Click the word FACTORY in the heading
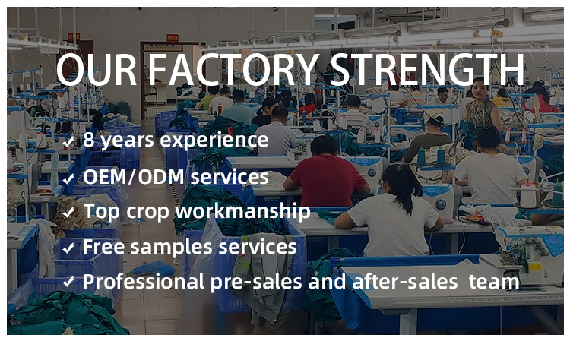pyautogui.click(x=235, y=70)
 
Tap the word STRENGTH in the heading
pyautogui.click(x=428, y=70)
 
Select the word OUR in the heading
pyautogui.click(x=97, y=70)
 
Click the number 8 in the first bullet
pyautogui.click(x=88, y=139)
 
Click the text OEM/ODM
pyautogui.click(x=134, y=177)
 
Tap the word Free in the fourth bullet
pyautogui.click(x=104, y=247)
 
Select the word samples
pyautogui.click(x=171, y=248)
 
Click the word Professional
pyautogui.click(x=144, y=282)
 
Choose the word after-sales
pyautogui.click(x=404, y=282)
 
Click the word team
pyautogui.click(x=494, y=283)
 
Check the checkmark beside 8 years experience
pyautogui.click(x=68, y=142)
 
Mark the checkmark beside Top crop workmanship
pyautogui.click(x=68, y=213)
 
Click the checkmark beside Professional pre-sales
pyautogui.click(x=68, y=282)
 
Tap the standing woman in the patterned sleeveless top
pyautogui.click(x=482, y=109)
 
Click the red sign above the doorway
pyautogui.click(x=173, y=38)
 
